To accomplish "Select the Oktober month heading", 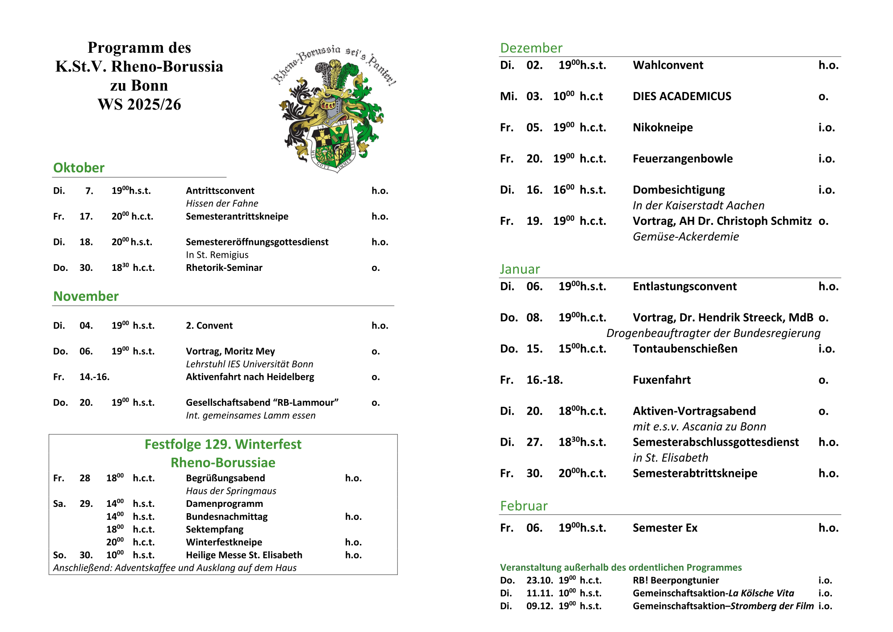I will point(79,168).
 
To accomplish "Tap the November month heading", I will point(86,296).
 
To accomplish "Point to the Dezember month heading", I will point(531,48).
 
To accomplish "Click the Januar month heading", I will point(520,269).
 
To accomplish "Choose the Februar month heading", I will point(523,506).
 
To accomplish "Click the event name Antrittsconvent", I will point(220,190).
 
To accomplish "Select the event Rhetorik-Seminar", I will point(224,268).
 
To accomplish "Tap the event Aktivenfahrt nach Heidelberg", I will point(250,377).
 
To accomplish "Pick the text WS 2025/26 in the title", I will point(139,104).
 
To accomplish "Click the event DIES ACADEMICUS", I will point(682,96).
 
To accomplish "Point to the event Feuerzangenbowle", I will point(683,159).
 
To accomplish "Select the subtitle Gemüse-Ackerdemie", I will point(686,236).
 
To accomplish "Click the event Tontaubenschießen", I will point(685,349).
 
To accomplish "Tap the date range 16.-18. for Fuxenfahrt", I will point(544,380).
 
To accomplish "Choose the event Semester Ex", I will point(665,528).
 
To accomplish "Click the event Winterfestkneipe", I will point(224,542).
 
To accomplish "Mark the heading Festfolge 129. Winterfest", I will point(223,444).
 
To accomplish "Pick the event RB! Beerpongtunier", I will point(676,580).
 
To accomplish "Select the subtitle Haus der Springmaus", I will point(231,491).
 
